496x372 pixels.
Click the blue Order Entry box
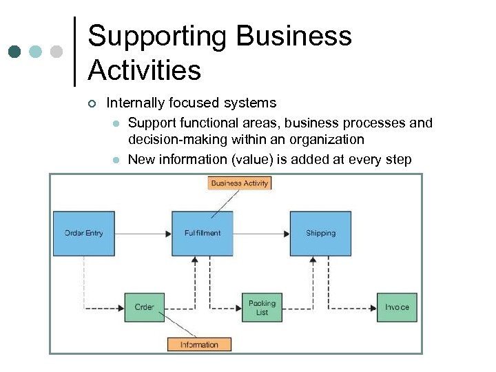click(84, 234)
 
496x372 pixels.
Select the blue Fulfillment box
click(203, 234)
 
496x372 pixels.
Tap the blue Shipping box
click(320, 234)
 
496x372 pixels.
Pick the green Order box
click(144, 307)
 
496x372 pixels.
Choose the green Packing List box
click(262, 307)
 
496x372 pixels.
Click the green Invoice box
click(397, 307)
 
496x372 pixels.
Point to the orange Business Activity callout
click(240, 183)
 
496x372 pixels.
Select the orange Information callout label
click(199, 344)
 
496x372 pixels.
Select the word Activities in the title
click(145, 70)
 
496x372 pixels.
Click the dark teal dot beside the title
click(15, 52)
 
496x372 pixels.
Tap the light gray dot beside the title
click(56, 52)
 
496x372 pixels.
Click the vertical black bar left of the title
click(74, 52)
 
